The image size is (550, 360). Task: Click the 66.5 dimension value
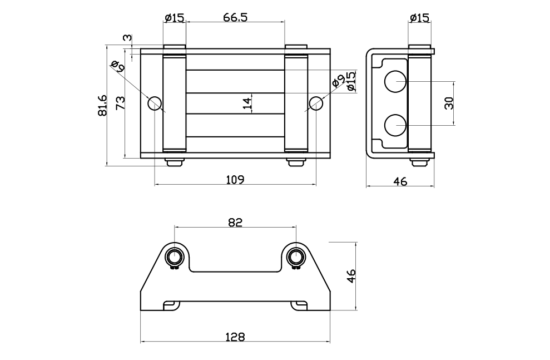[235, 17]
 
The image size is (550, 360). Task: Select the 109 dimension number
[235, 179]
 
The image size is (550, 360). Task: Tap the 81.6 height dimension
[102, 106]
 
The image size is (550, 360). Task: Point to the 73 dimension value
[120, 103]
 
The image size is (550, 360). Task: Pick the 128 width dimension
[235, 337]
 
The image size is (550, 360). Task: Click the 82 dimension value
[235, 222]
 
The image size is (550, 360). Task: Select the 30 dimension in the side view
[449, 103]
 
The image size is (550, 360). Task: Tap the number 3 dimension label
[127, 38]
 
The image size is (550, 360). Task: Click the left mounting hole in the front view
[154, 103]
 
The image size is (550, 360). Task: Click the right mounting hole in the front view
[316, 103]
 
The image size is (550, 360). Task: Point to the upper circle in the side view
[396, 82]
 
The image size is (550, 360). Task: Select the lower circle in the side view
[396, 125]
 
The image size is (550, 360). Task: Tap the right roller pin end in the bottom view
[295, 257]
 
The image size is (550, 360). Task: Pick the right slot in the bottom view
[300, 305]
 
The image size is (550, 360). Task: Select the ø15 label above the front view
[174, 17]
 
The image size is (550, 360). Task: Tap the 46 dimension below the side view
[400, 181]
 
